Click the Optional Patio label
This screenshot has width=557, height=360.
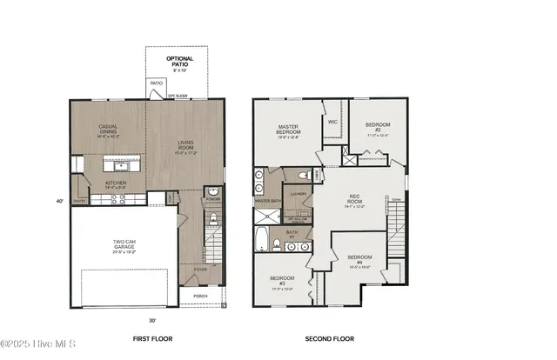pyautogui.click(x=182, y=63)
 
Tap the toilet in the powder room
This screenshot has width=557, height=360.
pyautogui.click(x=213, y=193)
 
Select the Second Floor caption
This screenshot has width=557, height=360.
pyautogui.click(x=329, y=339)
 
